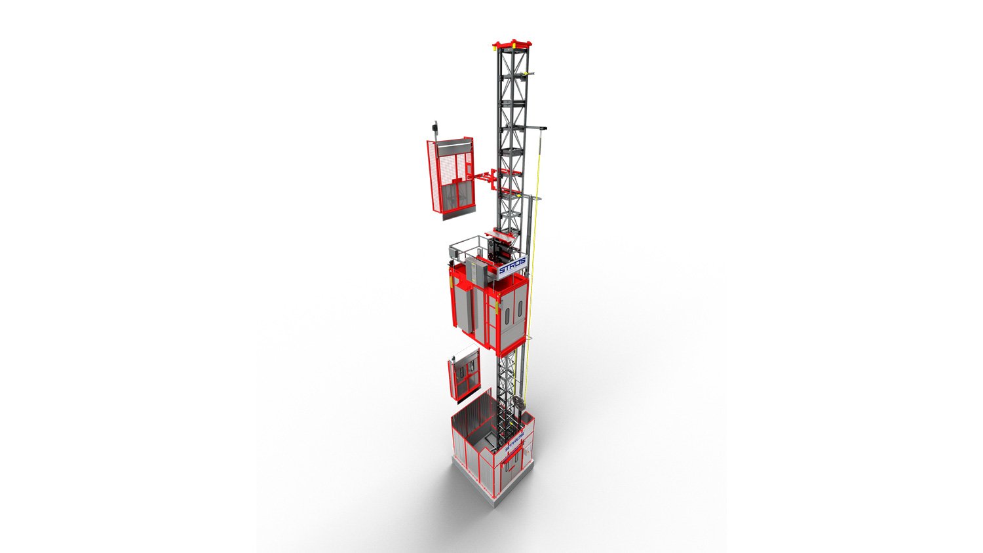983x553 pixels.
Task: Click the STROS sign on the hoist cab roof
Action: (x=512, y=267)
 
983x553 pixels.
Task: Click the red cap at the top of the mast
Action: (x=512, y=45)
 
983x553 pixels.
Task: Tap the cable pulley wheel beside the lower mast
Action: (x=519, y=403)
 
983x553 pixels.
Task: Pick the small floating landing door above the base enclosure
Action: (x=464, y=374)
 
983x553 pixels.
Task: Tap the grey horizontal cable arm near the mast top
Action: (x=535, y=127)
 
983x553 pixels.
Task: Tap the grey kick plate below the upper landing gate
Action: (x=458, y=212)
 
